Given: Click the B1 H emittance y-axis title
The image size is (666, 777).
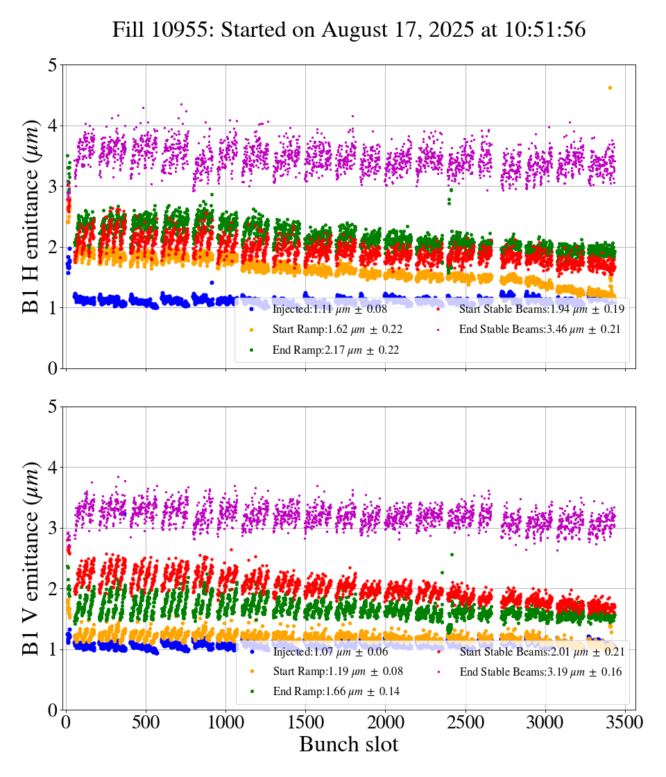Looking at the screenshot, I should click(x=32, y=216).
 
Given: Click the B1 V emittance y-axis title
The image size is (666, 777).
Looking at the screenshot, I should click(x=32, y=558).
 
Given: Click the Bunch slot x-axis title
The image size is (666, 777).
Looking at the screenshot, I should click(x=349, y=744).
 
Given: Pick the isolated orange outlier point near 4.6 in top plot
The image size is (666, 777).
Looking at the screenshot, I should click(x=610, y=88).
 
